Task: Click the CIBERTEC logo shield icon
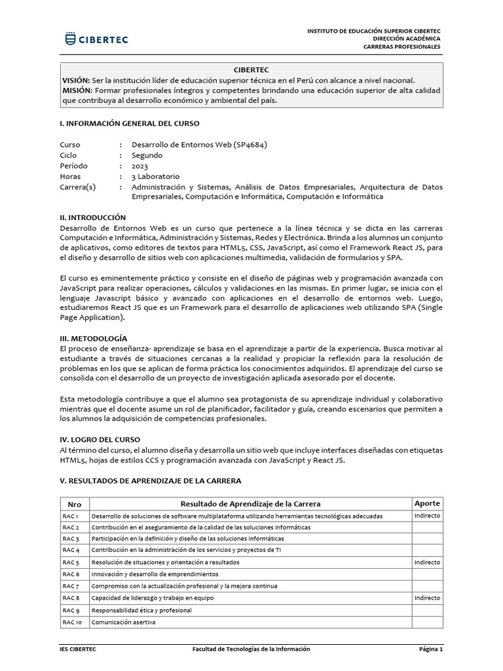point(70,39)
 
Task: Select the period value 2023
point(140,166)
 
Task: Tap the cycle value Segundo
point(147,155)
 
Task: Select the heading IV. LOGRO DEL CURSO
point(100,439)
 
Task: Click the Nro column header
point(74,505)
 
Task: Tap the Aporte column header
point(428,503)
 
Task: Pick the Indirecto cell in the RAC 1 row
point(428,516)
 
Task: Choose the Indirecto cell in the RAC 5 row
point(428,562)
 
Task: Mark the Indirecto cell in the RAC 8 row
point(428,598)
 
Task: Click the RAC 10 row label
point(71,622)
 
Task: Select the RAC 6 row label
point(71,574)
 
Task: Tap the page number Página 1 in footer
point(431,649)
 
